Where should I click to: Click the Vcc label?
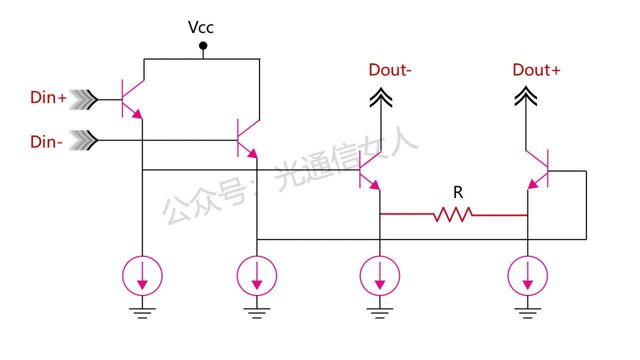point(201,27)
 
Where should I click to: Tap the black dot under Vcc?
point(203,46)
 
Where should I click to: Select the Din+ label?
point(48,98)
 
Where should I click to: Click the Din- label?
point(46,142)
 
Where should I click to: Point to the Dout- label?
point(390,70)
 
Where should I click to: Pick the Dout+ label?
point(536,70)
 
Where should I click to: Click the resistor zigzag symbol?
point(453,215)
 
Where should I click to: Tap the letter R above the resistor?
point(458,192)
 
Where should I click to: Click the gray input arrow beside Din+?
point(83,99)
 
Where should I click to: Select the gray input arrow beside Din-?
point(83,141)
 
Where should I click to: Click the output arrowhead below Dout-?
point(380,97)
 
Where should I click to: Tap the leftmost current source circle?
point(142,275)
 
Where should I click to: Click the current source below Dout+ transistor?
point(527,275)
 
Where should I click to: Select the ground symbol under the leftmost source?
point(142,312)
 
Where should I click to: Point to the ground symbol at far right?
point(527,312)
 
